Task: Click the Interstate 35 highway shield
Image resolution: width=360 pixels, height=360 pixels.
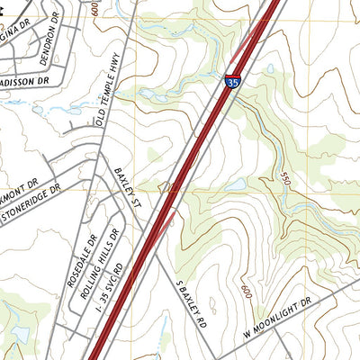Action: tap(232, 82)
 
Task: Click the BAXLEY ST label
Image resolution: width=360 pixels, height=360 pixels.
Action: tap(129, 190)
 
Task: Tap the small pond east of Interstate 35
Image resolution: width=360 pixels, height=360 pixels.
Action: tap(236, 184)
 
